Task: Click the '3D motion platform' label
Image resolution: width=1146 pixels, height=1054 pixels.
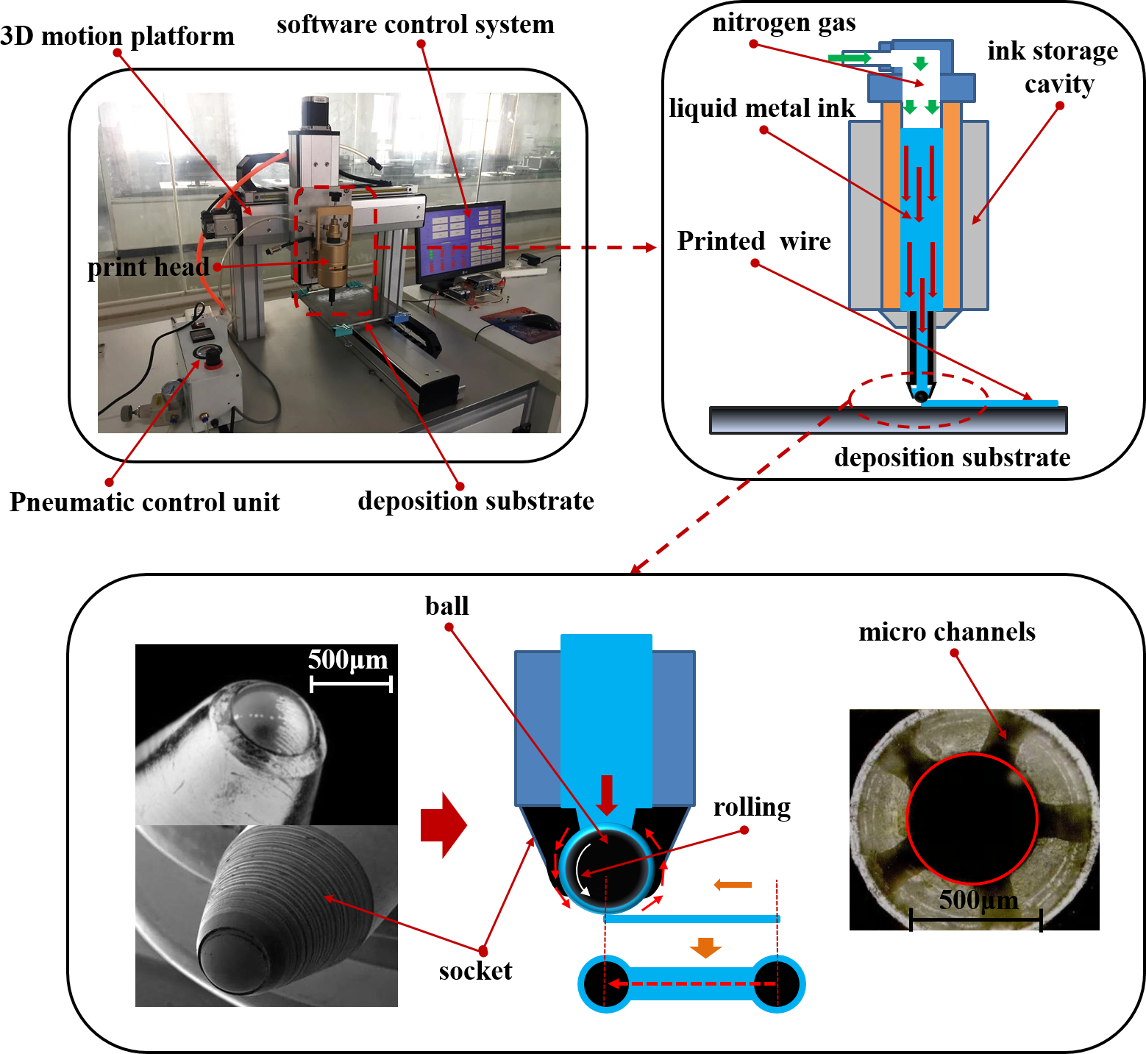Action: coord(118,36)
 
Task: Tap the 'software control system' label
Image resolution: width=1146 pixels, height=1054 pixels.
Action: coord(415,24)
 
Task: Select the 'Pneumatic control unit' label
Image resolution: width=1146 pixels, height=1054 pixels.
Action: coord(144,502)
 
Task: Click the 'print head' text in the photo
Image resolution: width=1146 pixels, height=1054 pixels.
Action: coord(148,267)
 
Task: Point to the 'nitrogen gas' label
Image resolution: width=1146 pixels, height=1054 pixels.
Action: coord(784,23)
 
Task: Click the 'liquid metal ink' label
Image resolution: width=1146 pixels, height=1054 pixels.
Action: coord(762,108)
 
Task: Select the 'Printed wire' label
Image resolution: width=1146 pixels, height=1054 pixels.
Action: coord(754,241)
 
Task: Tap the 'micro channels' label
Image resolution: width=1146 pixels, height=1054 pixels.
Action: coord(947,632)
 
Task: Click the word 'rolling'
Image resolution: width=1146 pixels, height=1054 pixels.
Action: coord(752,807)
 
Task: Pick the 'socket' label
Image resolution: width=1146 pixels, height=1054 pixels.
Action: coord(475,971)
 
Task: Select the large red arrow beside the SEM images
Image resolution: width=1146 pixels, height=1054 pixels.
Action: coord(443,825)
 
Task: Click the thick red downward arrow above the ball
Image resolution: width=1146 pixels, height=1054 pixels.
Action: coord(606,794)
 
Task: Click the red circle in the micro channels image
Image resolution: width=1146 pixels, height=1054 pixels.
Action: coord(972,818)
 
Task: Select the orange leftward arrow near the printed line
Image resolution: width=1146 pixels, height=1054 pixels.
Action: coord(733,884)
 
